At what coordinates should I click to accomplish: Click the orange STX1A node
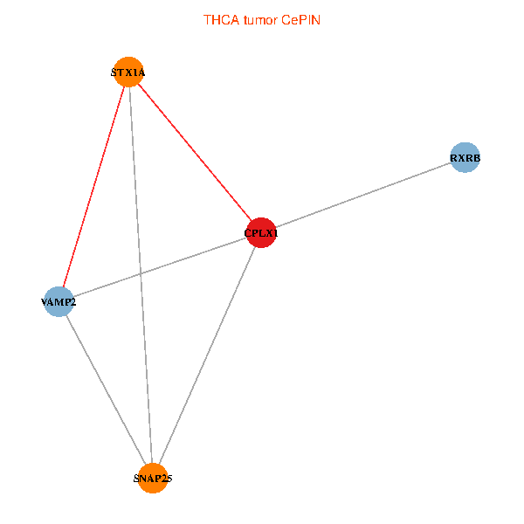(129, 72)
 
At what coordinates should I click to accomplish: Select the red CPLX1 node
(261, 233)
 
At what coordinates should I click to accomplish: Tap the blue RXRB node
(465, 158)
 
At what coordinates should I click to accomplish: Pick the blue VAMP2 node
(59, 301)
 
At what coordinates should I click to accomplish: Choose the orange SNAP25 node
(153, 479)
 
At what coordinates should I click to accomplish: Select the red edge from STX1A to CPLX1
(195, 153)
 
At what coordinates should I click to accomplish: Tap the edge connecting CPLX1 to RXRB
(362, 196)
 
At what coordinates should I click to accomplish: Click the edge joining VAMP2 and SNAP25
(106, 390)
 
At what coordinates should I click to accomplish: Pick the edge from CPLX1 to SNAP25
(207, 355)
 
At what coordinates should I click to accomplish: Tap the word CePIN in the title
(300, 19)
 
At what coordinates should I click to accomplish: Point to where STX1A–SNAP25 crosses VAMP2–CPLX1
(140, 274)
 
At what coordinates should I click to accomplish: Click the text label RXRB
(465, 159)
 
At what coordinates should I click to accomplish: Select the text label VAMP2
(59, 302)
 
